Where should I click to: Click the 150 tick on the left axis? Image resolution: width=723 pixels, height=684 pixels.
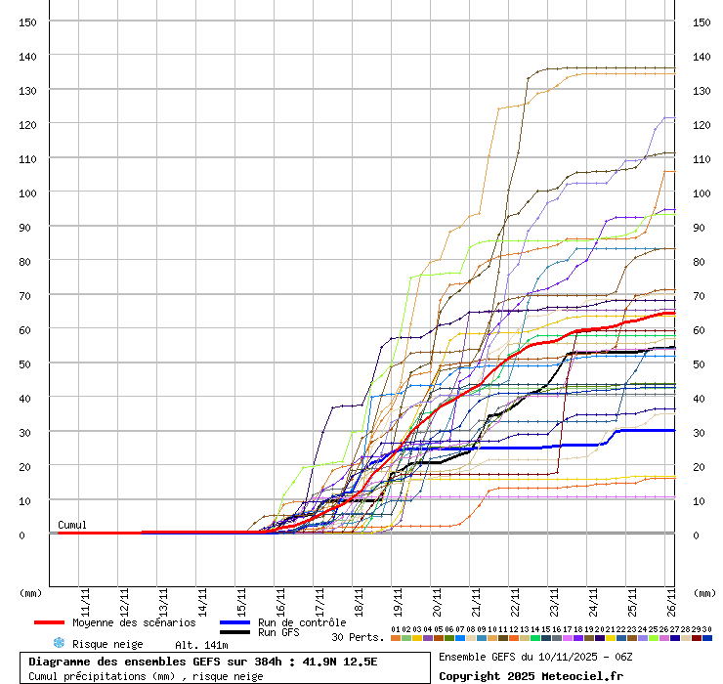point(28,22)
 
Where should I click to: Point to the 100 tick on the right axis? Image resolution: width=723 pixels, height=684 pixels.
point(701,192)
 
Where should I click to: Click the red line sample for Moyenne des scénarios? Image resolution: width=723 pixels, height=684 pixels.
point(49,622)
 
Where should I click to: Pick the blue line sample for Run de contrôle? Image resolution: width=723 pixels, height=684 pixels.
point(234,622)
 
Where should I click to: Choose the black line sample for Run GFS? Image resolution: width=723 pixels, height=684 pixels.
point(234,633)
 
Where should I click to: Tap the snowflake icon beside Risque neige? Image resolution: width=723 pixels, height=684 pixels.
point(59,644)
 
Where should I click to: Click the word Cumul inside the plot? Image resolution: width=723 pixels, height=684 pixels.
point(72,526)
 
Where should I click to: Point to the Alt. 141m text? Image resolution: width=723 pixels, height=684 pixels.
point(201,645)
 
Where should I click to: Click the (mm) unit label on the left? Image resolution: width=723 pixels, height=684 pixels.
point(30,592)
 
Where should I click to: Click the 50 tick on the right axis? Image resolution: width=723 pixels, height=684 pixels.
point(701,363)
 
